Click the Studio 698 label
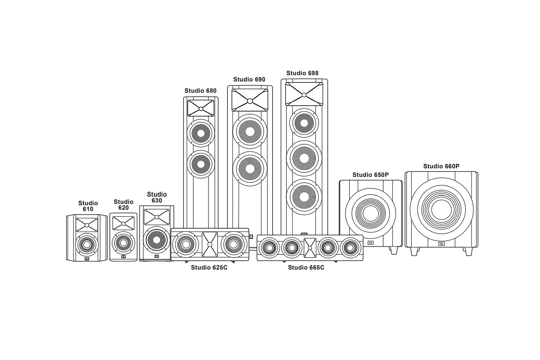(302, 73)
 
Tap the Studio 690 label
(249, 79)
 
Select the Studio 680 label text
(201, 90)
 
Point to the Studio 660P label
(441, 166)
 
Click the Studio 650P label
(370, 175)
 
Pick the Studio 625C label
(209, 267)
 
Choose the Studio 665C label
(306, 267)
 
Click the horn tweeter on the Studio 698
(304, 94)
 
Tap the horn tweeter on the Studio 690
(250, 100)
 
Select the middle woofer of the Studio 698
(304, 158)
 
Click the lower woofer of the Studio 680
(201, 164)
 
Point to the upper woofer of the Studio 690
(250, 131)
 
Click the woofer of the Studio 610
(87, 245)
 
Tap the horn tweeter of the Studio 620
(123, 223)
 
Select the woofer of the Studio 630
(157, 240)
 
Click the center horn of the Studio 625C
(210, 244)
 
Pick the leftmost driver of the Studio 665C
(269, 247)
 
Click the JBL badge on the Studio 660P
(441, 244)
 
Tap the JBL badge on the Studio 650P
(370, 243)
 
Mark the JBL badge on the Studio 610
(87, 259)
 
